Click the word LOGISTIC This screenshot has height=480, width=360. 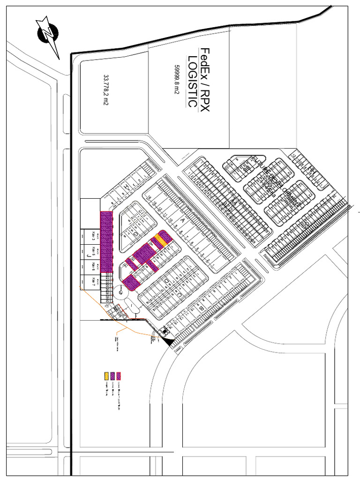[x=192, y=81]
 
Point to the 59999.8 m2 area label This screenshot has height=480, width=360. [x=177, y=80]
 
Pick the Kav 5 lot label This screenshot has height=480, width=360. [x=93, y=251]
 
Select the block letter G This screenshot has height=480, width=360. [x=135, y=233]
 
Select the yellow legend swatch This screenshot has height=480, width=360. [x=106, y=375]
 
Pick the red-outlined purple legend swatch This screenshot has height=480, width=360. [x=119, y=375]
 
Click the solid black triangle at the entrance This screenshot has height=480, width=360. [x=169, y=344]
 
